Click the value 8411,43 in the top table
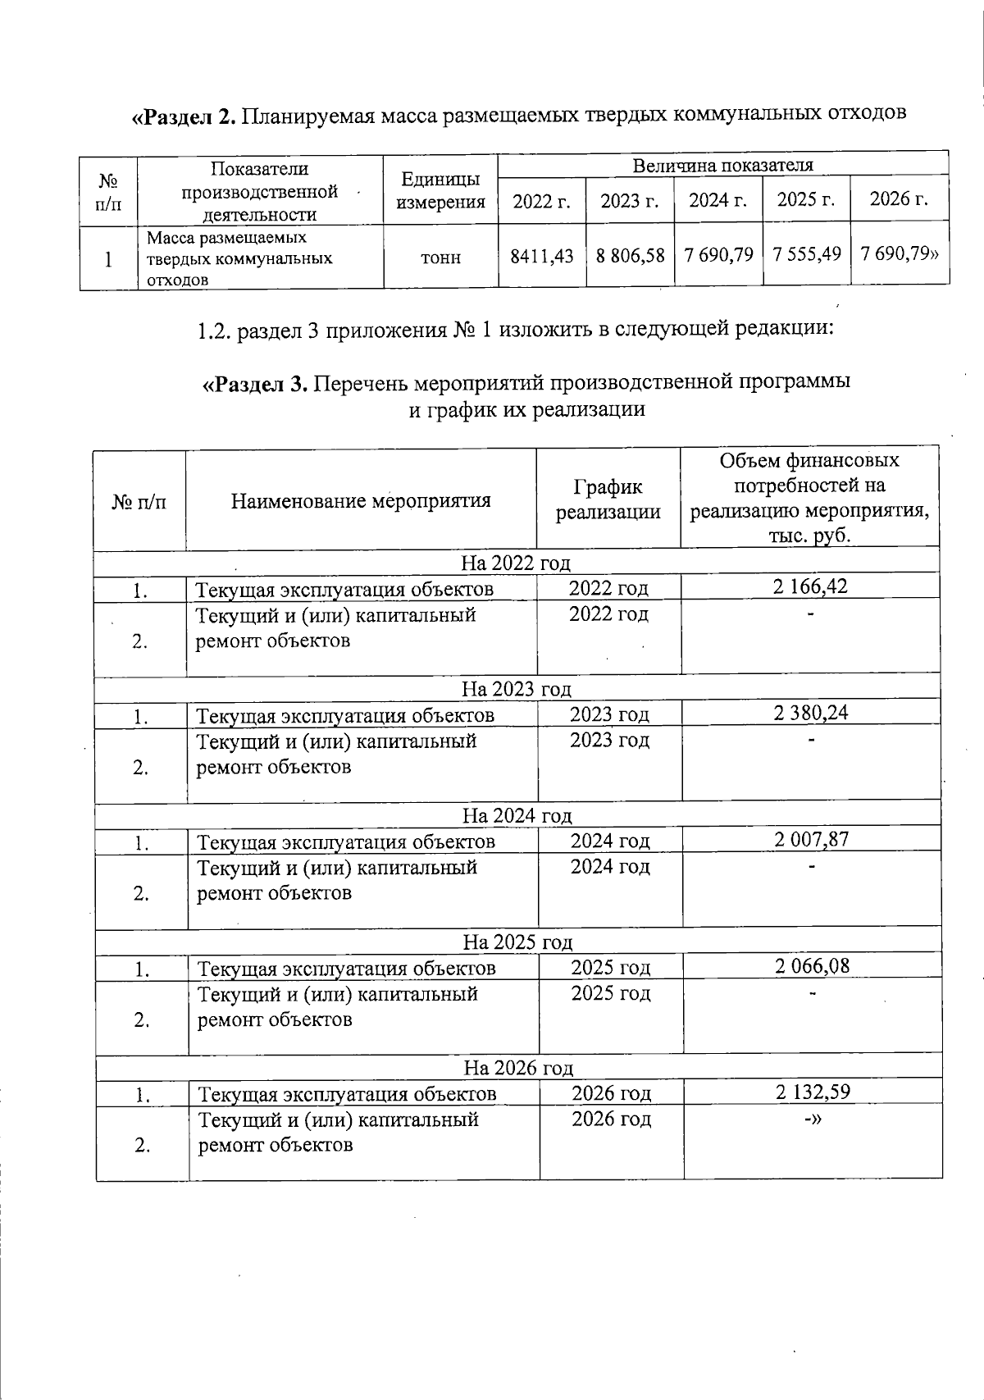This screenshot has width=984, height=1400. pos(542,256)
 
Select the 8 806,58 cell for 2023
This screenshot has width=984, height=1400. pos(630,256)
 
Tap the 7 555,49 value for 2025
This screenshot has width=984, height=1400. pos(806,254)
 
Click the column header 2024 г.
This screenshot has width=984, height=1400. pos(717,199)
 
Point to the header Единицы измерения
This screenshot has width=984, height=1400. pos(440,190)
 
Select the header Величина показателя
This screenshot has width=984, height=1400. pos(722,165)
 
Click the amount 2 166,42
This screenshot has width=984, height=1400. pos(810,586)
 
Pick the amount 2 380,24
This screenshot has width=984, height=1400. pos(811,713)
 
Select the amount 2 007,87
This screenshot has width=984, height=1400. pos(811,839)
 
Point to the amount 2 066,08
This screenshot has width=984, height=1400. pos(812,965)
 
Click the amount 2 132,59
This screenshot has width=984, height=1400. pos(812,1092)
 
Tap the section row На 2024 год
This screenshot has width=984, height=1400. pos(517,816)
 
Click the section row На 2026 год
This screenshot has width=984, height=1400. pos(518,1068)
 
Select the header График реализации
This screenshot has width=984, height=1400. pos(608,499)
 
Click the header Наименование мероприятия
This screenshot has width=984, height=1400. pos(361,500)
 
